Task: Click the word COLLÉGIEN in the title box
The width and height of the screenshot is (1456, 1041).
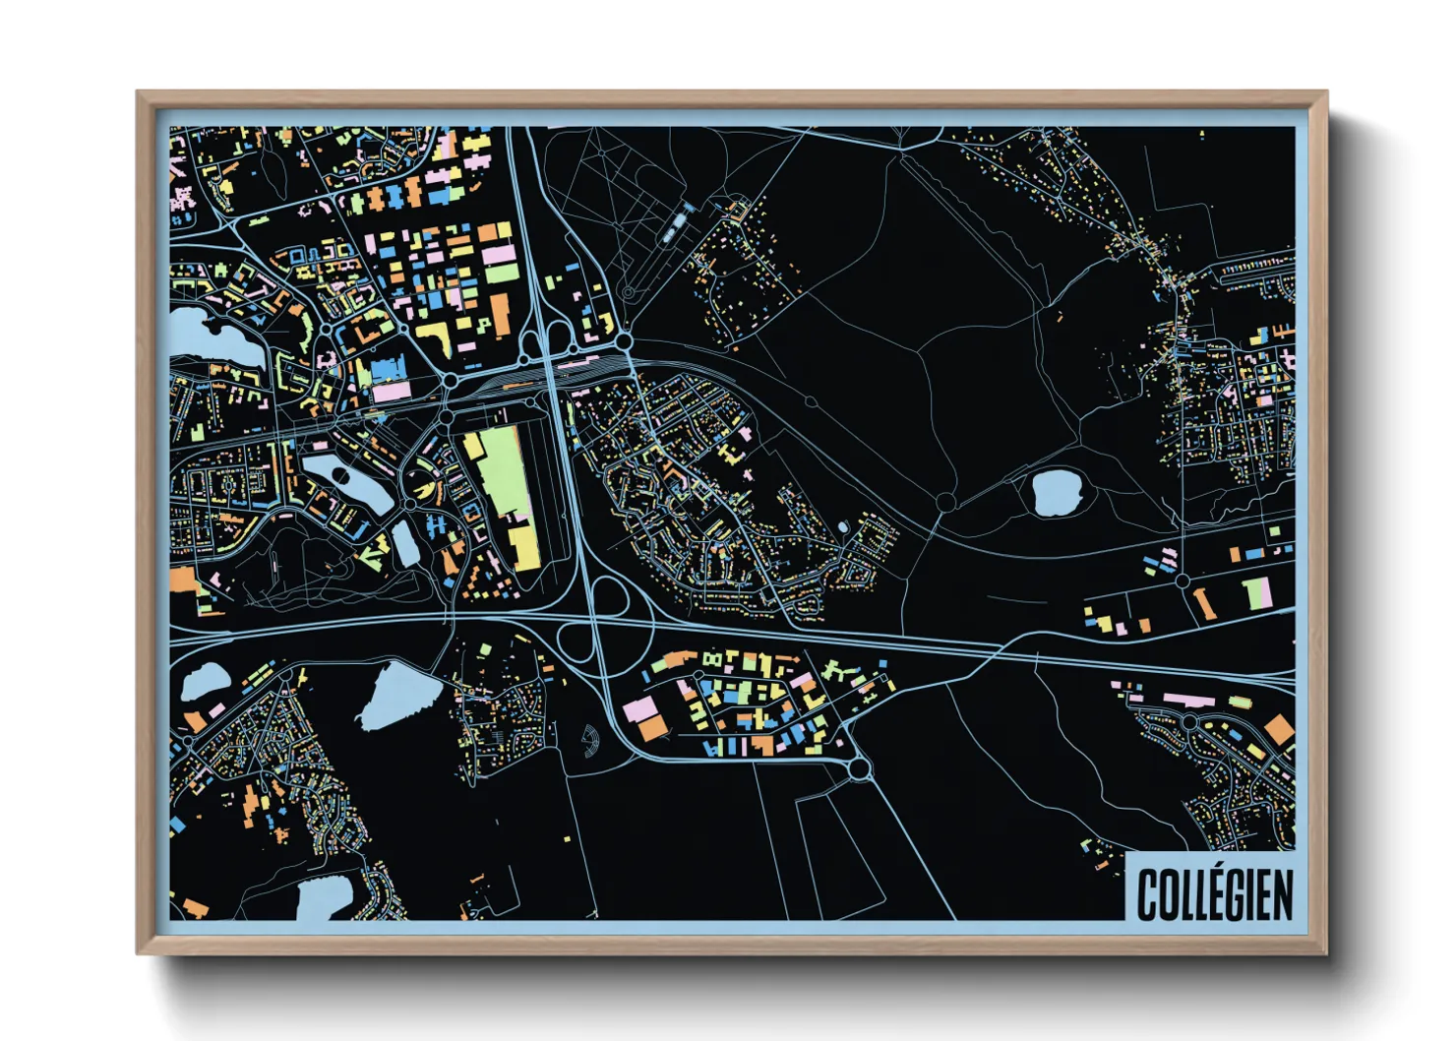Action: (1214, 893)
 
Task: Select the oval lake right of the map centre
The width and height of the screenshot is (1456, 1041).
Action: (1057, 491)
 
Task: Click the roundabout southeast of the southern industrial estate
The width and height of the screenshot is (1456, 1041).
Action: (860, 768)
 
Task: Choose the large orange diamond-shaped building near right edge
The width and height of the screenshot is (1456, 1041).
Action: (1278, 730)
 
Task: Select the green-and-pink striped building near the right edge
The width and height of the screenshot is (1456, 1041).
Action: (1258, 592)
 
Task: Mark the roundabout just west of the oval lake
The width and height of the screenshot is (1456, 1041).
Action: (945, 502)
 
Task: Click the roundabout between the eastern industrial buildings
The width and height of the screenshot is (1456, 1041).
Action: (1183, 581)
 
